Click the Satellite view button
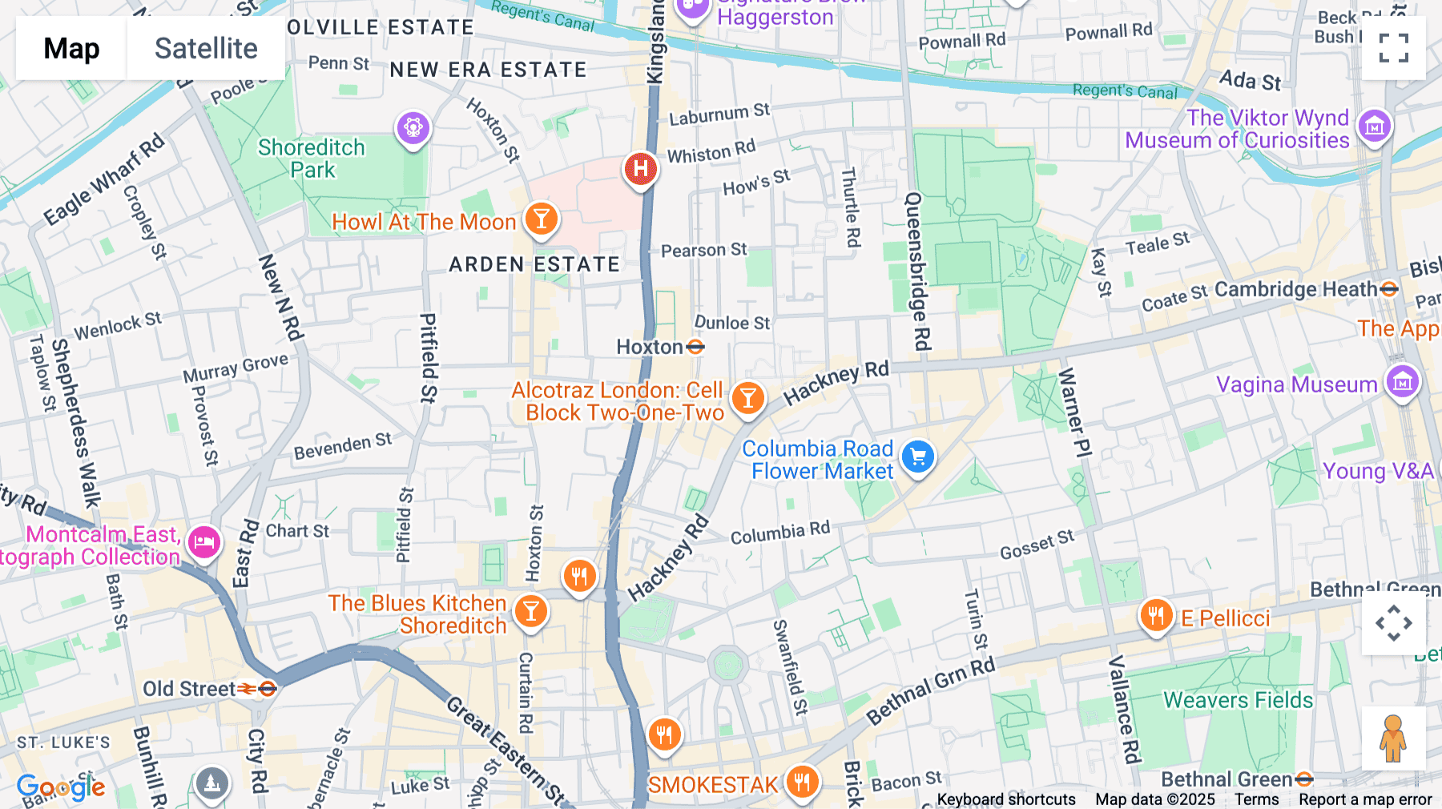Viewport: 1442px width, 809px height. click(x=206, y=48)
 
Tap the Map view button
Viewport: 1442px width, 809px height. click(x=71, y=48)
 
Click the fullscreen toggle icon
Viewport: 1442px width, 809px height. click(x=1393, y=48)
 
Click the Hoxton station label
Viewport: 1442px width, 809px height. click(x=650, y=347)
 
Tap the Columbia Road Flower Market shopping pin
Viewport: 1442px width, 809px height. click(x=918, y=457)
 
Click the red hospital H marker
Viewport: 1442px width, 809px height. click(x=640, y=169)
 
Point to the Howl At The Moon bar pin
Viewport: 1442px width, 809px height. click(x=542, y=219)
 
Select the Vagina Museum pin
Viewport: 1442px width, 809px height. click(x=1402, y=383)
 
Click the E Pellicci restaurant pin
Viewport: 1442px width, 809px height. click(x=1155, y=616)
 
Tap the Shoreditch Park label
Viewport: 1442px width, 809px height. click(x=312, y=159)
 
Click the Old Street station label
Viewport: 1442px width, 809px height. click(x=190, y=689)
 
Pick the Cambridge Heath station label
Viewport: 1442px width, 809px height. click(x=1295, y=289)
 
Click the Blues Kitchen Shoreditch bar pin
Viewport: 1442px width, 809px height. click(x=530, y=612)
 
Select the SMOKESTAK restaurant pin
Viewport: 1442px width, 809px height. click(x=802, y=782)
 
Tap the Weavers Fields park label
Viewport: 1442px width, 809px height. click(x=1238, y=700)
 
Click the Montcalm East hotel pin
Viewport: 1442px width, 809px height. click(x=204, y=543)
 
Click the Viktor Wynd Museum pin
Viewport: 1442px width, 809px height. click(x=1375, y=126)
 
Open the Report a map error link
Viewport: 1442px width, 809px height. click(x=1365, y=799)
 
